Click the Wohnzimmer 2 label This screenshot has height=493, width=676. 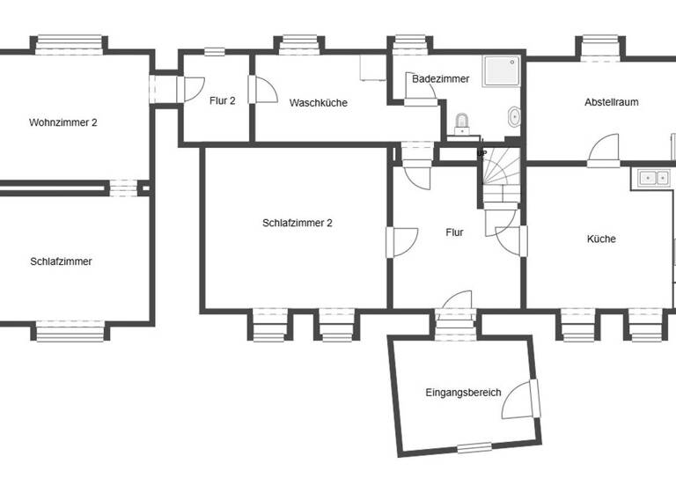tap(62, 122)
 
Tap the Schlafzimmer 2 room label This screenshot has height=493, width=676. tap(297, 223)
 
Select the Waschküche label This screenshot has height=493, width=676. tap(318, 103)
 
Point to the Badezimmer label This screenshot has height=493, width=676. tap(440, 79)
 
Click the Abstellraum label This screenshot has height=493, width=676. tap(611, 102)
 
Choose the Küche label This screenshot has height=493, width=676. tap(601, 239)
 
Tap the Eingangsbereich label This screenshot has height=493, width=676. tap(463, 392)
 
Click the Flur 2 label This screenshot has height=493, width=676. tap(222, 100)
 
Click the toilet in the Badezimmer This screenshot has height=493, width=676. tap(462, 124)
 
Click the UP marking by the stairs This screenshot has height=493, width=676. tap(481, 153)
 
